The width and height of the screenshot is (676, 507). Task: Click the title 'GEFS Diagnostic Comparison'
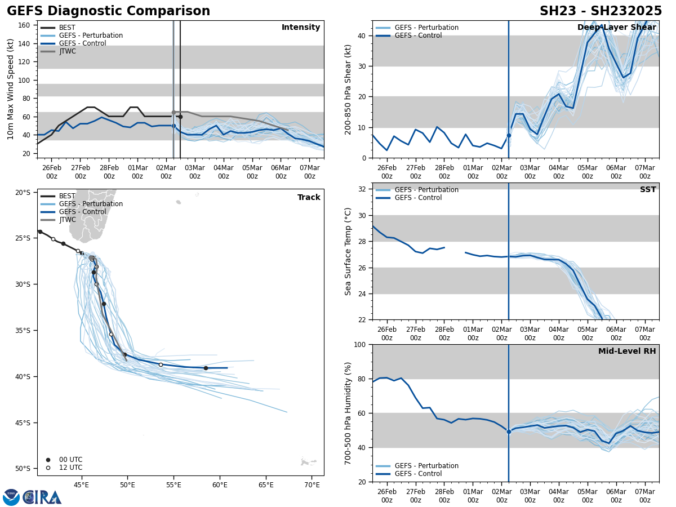point(108,11)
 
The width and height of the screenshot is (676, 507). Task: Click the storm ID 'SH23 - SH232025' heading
point(601,11)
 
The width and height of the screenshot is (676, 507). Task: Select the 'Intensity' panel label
point(301,28)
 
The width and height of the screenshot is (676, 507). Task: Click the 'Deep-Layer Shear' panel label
point(616,28)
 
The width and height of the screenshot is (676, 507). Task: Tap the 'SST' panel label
point(648,190)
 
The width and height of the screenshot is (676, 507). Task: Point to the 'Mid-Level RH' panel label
point(627,352)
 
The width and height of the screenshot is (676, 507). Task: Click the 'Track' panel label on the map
point(309,198)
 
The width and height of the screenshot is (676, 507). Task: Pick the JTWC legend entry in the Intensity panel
point(67,51)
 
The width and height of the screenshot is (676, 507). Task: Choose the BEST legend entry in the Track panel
point(67,196)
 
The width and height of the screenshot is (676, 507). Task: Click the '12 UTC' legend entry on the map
point(70,468)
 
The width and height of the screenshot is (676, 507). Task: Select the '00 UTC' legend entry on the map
point(70,460)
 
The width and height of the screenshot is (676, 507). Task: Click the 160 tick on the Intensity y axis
point(24,25)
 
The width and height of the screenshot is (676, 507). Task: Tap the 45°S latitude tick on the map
point(23,422)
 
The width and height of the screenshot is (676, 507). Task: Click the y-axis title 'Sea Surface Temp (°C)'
point(348,251)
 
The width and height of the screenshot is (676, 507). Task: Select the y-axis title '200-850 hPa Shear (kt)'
point(348,89)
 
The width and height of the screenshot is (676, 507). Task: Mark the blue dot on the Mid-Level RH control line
point(509,432)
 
